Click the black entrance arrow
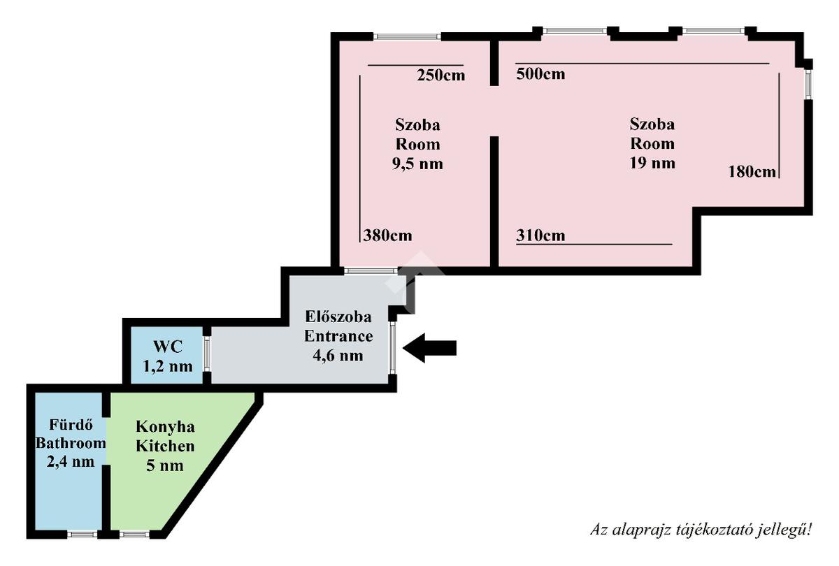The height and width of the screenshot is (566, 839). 430,347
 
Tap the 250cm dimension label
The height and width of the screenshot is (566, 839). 440,75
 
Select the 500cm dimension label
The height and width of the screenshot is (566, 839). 540,73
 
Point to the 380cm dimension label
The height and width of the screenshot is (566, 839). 387,235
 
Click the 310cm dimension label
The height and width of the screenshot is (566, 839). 540,235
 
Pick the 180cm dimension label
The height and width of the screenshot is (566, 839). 752,171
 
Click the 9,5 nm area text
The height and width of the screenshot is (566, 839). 418,164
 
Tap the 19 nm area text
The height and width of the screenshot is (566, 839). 652,164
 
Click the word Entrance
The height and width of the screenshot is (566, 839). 338,336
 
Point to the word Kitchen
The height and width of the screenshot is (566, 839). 165,446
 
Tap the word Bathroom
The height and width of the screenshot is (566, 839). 71,443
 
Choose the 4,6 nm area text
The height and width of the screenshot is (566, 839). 338,355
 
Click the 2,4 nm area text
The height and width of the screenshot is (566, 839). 71,461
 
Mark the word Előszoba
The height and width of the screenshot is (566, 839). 338,317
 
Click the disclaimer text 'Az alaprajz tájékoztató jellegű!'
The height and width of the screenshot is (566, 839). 701,530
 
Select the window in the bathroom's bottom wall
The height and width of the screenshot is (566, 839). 82,535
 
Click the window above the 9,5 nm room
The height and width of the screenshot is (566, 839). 407,36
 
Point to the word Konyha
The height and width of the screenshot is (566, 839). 165,427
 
